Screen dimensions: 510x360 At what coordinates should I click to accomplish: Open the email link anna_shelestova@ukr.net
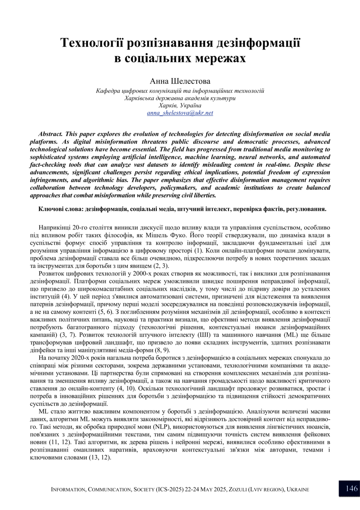click(180, 112)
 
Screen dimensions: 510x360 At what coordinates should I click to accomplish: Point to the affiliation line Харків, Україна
click(180, 105)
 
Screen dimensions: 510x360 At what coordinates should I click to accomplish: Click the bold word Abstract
click(50, 134)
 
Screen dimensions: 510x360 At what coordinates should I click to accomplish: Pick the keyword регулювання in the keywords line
click(304, 209)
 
